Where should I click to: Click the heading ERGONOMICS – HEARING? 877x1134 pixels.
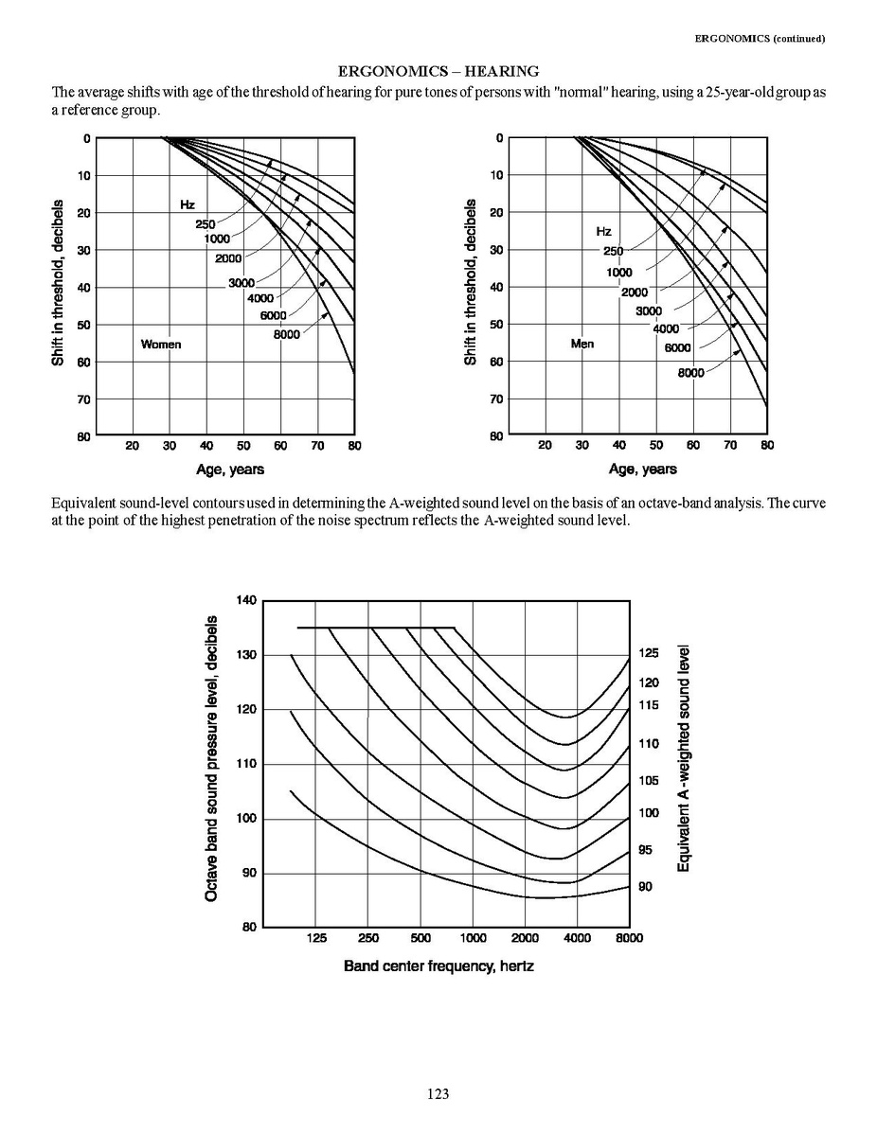point(438,71)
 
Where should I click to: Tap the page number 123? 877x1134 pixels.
point(438,1094)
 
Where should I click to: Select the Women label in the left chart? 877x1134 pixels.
point(160,344)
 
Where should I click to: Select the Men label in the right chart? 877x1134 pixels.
point(582,343)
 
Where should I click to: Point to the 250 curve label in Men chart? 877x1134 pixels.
point(613,251)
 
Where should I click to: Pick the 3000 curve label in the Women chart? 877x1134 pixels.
point(242,284)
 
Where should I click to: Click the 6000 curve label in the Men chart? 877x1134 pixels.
point(676,347)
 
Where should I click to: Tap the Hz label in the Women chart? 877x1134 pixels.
point(188,204)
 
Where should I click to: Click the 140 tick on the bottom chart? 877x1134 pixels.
point(246,600)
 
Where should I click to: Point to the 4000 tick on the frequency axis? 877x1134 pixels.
point(577,938)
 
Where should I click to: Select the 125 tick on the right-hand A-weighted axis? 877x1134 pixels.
point(648,653)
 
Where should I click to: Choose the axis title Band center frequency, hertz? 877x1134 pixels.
point(438,967)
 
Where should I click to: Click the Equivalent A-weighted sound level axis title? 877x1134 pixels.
point(682,758)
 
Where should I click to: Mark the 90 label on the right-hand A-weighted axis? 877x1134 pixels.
point(645,887)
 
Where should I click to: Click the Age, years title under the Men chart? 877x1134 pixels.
point(643,469)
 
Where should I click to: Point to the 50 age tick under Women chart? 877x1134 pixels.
point(243,445)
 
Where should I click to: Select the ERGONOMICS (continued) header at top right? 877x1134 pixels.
point(760,39)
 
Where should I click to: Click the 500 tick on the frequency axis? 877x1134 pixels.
point(421,938)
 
